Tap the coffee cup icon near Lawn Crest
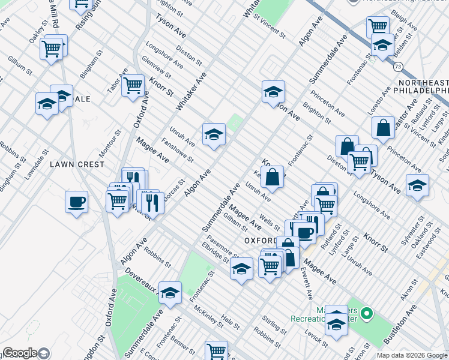[76, 202]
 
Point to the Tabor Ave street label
[117, 80]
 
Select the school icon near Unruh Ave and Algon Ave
[214, 135]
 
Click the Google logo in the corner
[20, 353]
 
